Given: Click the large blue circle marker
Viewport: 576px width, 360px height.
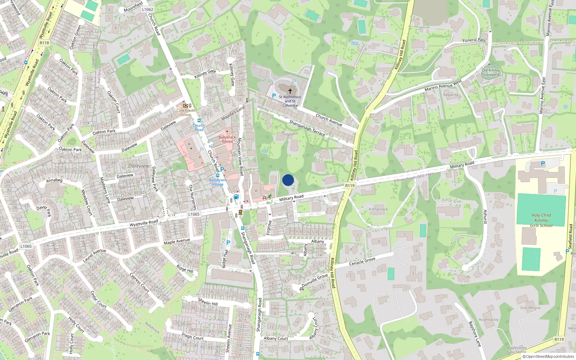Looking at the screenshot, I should click(288, 180).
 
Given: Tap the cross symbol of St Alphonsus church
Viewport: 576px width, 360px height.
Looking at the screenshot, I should click(290, 91).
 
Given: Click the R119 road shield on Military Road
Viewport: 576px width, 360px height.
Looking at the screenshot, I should click(350, 185).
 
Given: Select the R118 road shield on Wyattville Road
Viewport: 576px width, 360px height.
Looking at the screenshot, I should click(44, 43).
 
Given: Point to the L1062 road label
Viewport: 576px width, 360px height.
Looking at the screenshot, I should click(148, 9).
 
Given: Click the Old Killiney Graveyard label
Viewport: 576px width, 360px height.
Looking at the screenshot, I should click(491, 73).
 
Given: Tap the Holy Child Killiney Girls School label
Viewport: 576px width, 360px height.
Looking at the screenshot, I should click(541, 220).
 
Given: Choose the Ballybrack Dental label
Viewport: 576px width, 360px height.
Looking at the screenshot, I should click(227, 139).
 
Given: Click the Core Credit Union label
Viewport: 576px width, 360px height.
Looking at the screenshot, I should click(186, 112).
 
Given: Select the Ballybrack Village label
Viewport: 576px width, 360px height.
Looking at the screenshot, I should click(218, 182).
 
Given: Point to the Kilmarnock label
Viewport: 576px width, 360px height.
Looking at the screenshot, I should click(378, 209).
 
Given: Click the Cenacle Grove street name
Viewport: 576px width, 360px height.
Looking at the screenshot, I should click(362, 261).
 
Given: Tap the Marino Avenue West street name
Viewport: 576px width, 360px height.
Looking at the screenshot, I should click(443, 86).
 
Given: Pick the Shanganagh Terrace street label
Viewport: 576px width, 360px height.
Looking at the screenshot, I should click(307, 128).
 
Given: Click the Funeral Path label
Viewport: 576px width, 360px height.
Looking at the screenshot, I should click(474, 40).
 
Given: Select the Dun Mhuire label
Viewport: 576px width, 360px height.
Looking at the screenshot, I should click(530, 308).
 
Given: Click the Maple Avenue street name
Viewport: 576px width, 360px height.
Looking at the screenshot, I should click(177, 241).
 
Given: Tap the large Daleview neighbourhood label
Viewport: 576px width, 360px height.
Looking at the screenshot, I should click(139, 166).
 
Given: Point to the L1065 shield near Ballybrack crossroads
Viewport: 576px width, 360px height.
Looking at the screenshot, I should click(194, 214).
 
